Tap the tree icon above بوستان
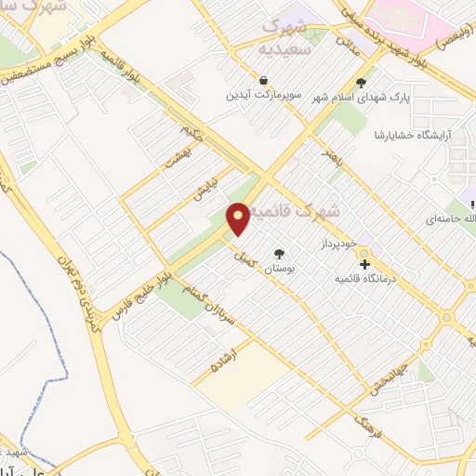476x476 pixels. [x=279, y=253]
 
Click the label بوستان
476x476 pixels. [x=279, y=268]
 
